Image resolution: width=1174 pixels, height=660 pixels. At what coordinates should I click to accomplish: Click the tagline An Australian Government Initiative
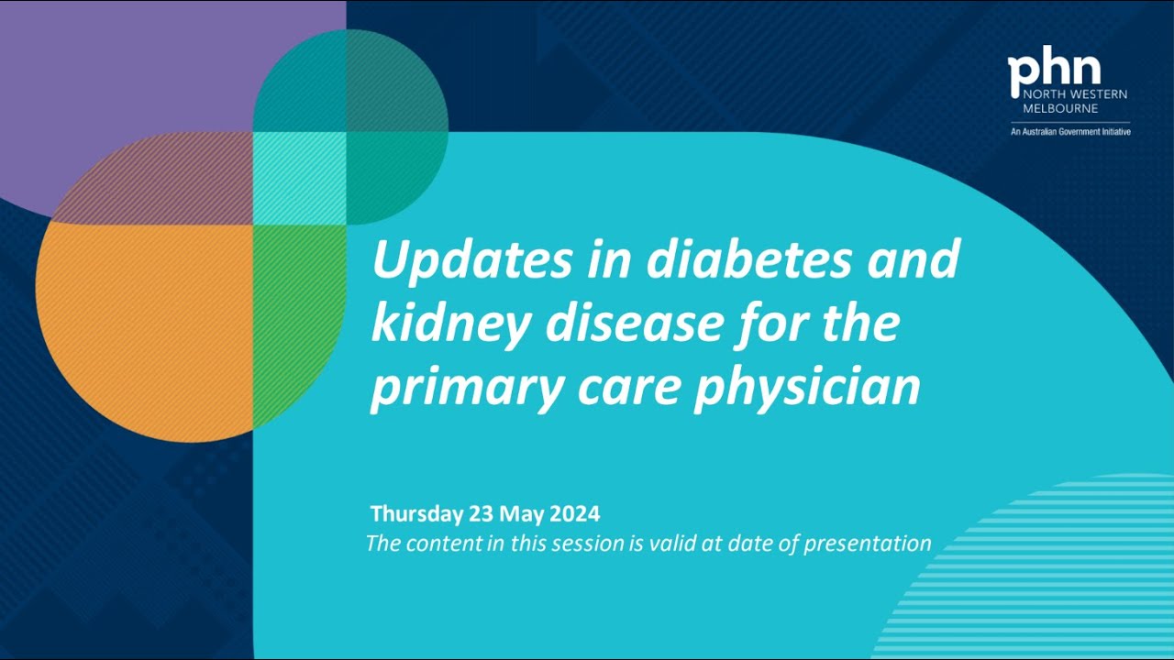1069,132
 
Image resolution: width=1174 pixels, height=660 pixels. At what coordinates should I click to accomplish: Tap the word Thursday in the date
415,512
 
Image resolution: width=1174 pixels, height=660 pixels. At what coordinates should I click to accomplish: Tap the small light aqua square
298,178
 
